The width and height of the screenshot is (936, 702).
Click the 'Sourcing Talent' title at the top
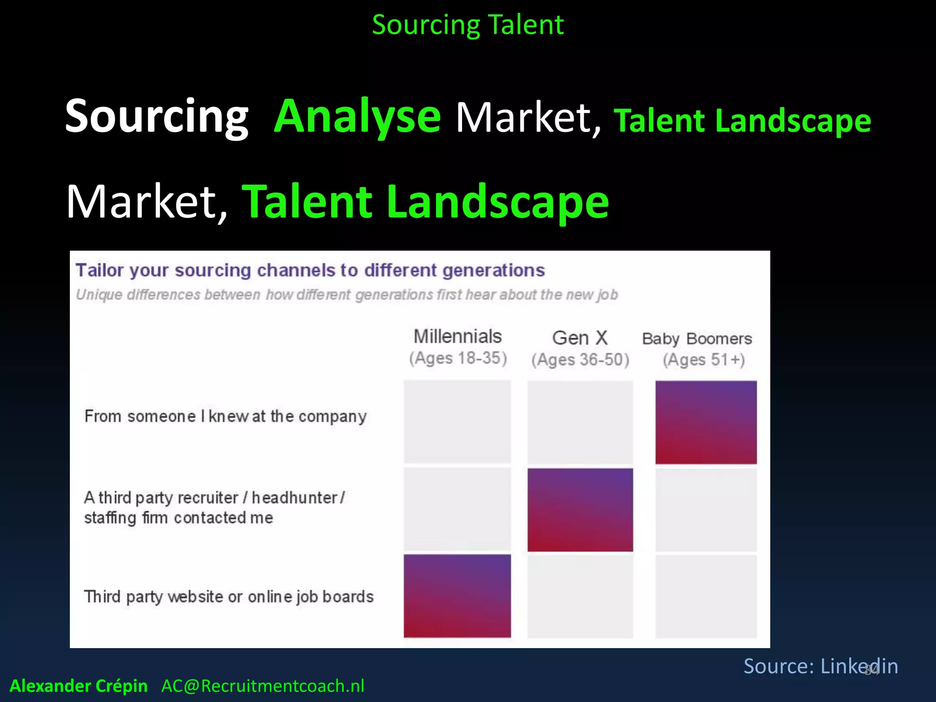(468, 25)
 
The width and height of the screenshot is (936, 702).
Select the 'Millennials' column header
(457, 337)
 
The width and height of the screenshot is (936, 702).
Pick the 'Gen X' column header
(580, 338)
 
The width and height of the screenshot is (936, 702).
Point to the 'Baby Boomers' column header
(697, 339)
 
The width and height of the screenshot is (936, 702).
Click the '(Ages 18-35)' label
(458, 358)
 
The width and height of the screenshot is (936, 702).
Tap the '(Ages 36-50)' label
(580, 360)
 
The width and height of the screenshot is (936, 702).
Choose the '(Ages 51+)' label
(704, 360)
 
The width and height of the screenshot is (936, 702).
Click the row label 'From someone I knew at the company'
(225, 416)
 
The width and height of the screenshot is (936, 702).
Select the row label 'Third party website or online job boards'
(229, 597)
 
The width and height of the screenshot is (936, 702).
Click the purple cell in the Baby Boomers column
(706, 422)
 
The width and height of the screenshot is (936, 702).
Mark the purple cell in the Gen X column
(580, 510)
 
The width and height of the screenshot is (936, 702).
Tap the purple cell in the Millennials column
(457, 596)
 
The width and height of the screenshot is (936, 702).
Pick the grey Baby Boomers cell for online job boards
(706, 596)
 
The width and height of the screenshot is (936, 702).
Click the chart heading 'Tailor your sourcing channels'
(310, 271)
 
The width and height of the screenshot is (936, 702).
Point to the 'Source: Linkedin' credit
(820, 666)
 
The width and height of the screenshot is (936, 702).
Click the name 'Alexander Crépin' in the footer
(79, 686)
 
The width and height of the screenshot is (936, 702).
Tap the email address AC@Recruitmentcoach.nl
(263, 686)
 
